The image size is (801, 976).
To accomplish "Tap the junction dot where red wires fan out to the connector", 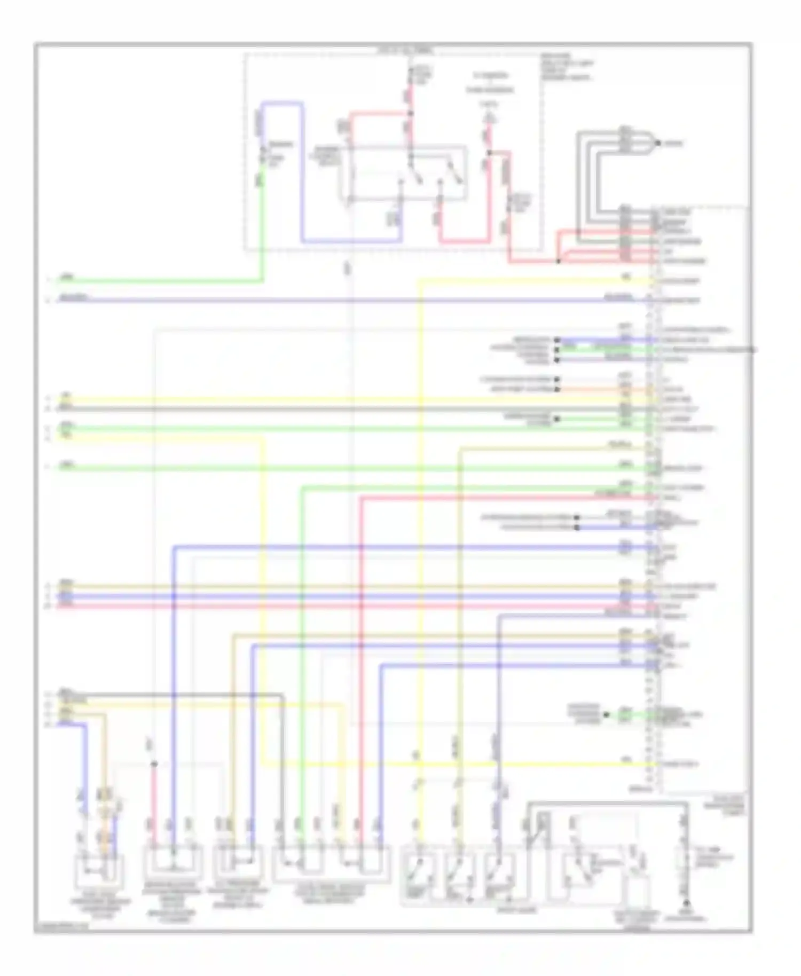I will (558, 261).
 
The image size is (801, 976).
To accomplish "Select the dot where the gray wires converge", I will (658, 143).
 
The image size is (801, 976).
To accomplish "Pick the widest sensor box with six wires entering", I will (331, 863).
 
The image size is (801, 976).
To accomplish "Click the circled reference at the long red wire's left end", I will (48, 606).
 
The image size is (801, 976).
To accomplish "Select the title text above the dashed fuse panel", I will (406, 51).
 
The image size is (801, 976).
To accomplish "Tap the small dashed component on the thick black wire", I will (686, 862).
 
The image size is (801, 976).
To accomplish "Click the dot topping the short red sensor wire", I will (154, 765).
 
